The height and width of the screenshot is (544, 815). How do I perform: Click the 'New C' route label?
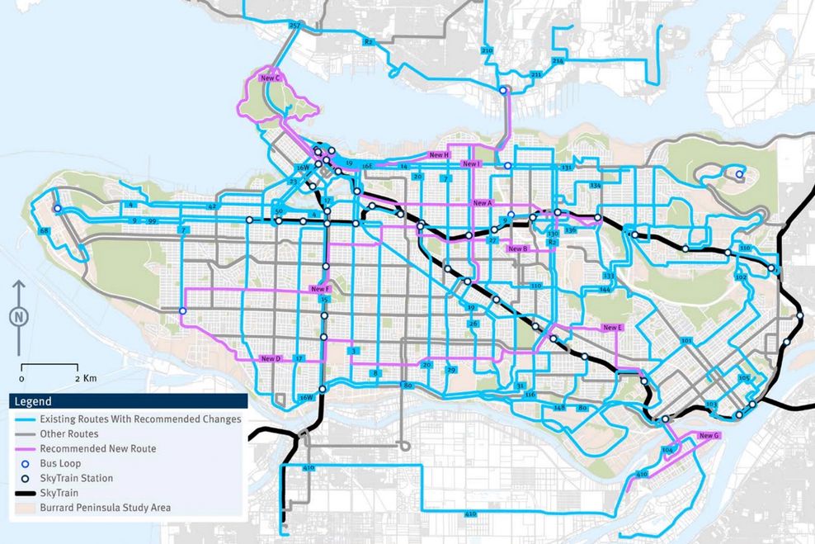(x=271, y=78)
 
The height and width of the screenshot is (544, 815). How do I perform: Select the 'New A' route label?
(x=483, y=202)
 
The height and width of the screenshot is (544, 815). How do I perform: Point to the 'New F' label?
(x=321, y=289)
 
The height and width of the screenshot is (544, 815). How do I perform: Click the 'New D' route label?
(x=271, y=358)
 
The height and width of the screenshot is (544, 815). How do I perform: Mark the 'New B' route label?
(x=518, y=248)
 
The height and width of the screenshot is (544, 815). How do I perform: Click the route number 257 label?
(x=294, y=26)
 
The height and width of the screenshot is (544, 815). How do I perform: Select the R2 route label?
(x=368, y=40)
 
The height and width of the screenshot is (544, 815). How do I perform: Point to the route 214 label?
(x=558, y=61)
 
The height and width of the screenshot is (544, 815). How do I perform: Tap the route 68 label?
(x=44, y=230)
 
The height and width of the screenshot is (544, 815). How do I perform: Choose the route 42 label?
(x=212, y=206)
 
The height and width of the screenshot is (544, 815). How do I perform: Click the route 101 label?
(x=686, y=340)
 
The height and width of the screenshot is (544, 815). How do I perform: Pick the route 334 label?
(x=596, y=186)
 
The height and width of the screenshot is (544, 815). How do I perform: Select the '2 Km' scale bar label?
(x=86, y=377)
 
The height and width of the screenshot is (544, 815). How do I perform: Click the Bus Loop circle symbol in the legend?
(x=26, y=463)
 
